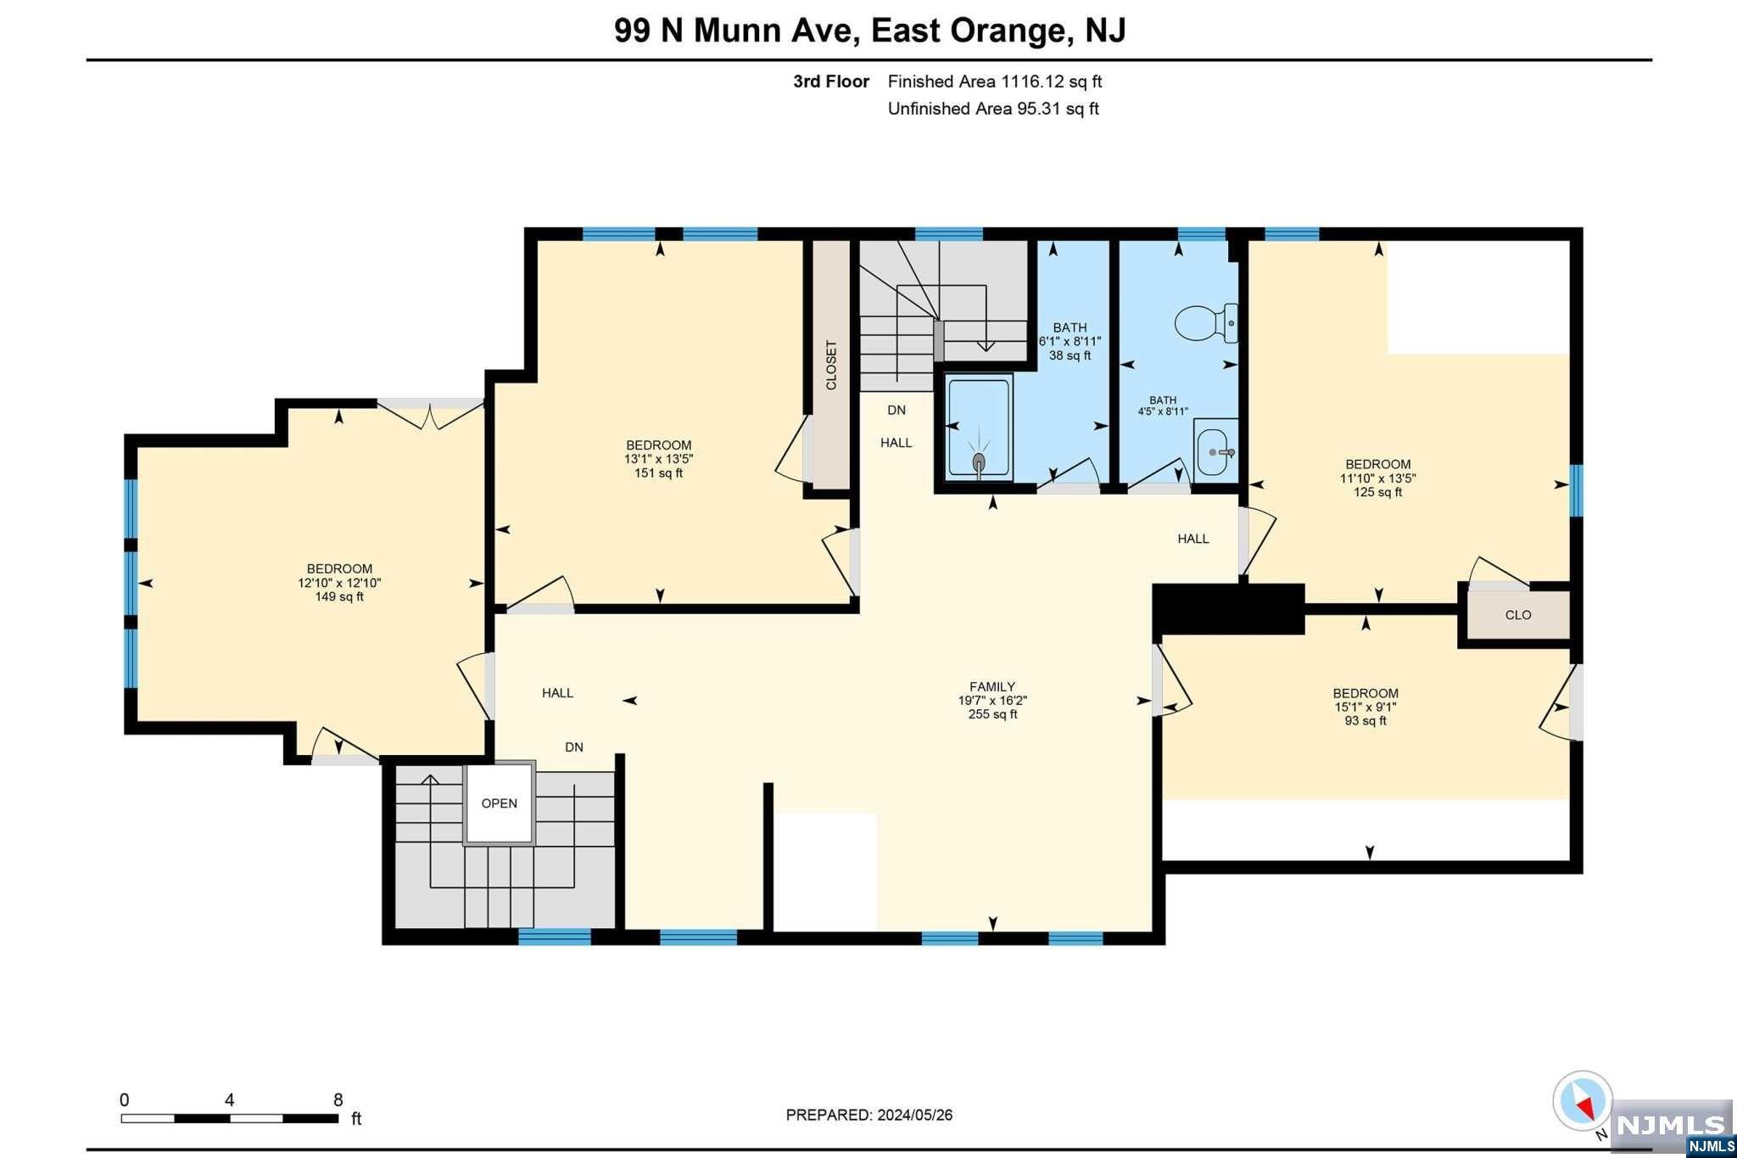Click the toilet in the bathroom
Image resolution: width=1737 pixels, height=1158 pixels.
(1205, 323)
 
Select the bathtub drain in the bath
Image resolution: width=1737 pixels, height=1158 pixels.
(979, 462)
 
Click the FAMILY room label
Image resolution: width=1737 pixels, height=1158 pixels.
(992, 686)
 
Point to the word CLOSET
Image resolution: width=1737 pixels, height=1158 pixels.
(831, 365)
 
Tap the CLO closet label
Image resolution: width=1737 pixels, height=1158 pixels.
(1518, 615)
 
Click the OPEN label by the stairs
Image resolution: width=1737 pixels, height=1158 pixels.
(499, 803)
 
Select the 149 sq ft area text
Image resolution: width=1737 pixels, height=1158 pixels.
(339, 596)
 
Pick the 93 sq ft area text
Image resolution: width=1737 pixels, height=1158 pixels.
(1366, 720)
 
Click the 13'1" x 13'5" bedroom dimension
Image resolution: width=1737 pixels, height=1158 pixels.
(659, 459)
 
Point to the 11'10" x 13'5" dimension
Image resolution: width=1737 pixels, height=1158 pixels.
(1377, 478)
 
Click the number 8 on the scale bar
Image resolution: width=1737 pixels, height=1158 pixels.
(338, 1100)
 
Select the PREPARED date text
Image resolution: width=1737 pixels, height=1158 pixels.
(869, 1115)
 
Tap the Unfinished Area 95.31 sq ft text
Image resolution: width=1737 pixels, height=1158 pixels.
(993, 109)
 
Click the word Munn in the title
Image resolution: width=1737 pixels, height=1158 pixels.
(736, 31)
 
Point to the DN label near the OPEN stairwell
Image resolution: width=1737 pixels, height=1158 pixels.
(574, 747)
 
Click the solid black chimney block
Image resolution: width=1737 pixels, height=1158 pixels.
(1228, 609)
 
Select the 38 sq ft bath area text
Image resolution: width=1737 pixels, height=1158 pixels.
(1070, 355)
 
